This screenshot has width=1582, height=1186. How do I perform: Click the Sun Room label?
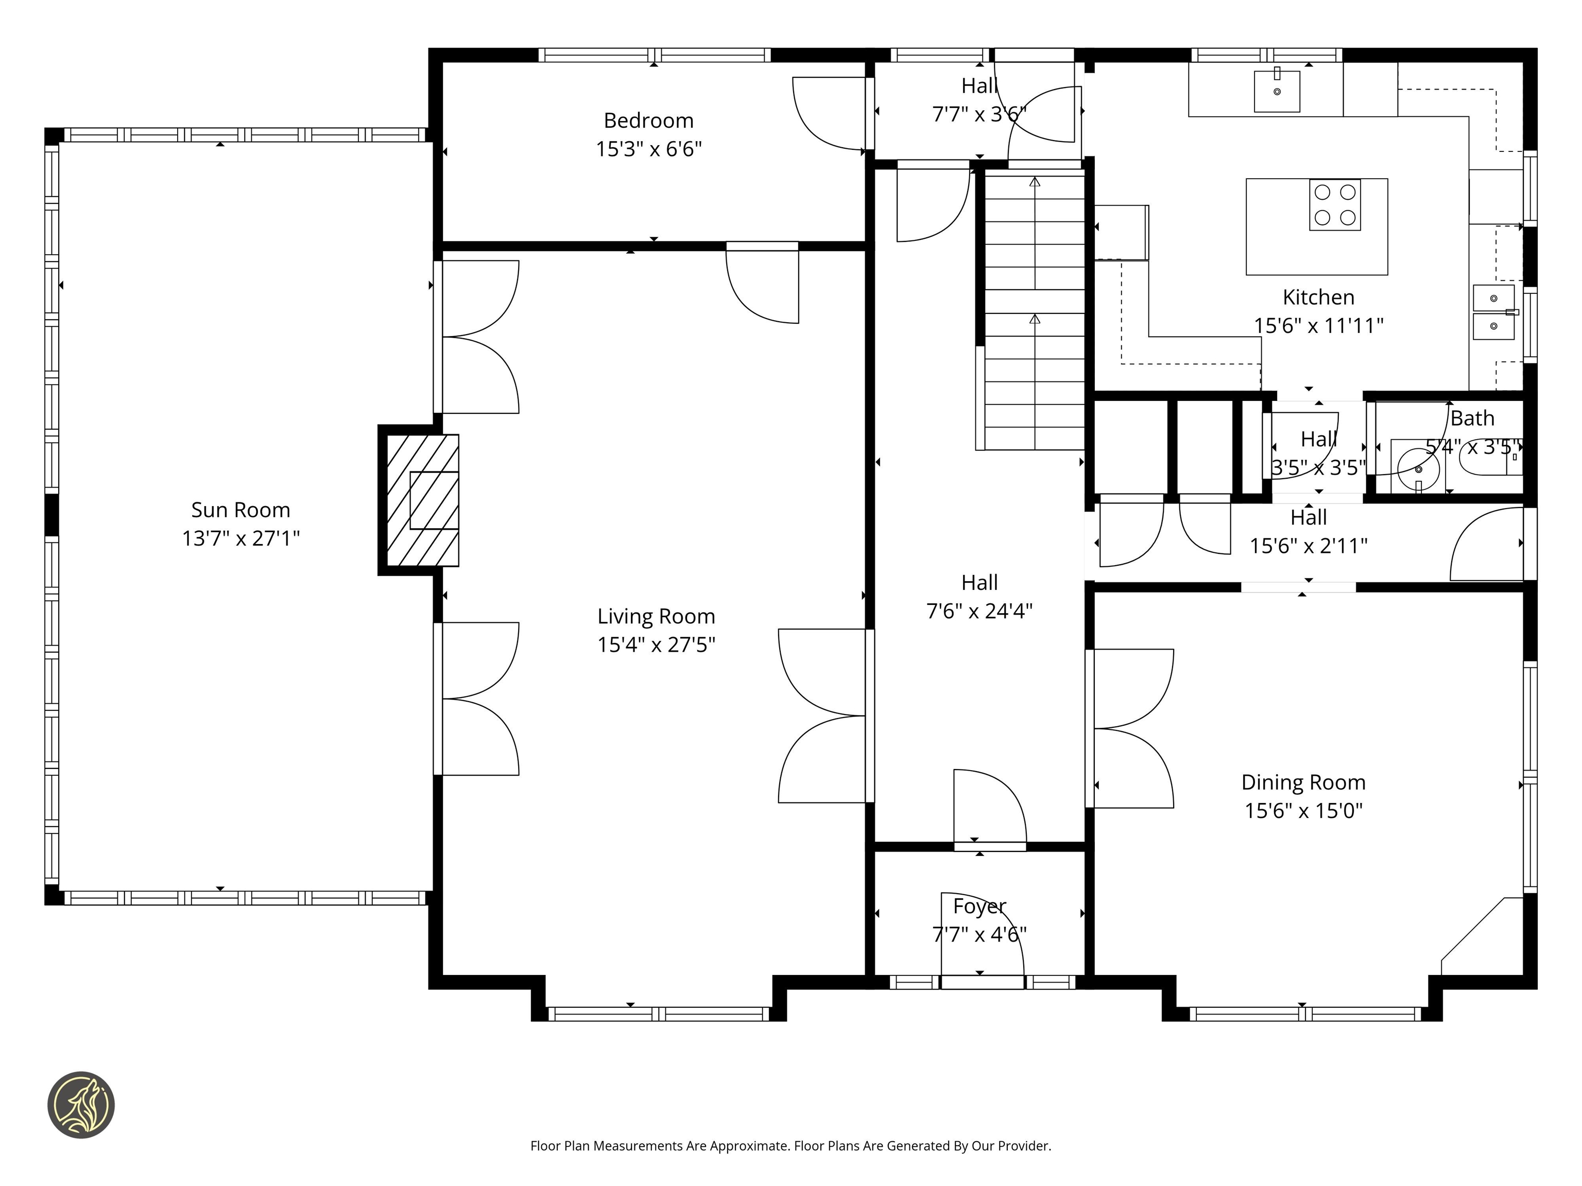point(240,510)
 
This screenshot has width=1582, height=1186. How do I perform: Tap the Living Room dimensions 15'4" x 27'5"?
point(656,645)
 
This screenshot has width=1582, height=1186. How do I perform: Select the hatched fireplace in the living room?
point(422,500)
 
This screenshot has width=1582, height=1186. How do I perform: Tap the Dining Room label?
point(1303,782)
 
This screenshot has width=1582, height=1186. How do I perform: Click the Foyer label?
point(979,906)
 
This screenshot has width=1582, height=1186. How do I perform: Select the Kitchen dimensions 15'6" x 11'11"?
point(1318,326)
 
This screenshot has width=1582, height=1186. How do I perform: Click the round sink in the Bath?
point(1418,469)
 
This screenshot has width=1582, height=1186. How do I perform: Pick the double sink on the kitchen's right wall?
point(1493,312)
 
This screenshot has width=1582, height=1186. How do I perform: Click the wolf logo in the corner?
point(81,1105)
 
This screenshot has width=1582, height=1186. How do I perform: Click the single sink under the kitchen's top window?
point(1277,92)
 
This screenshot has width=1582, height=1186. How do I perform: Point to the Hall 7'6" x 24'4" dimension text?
point(979,611)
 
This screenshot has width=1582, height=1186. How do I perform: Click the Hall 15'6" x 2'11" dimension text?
point(1308,546)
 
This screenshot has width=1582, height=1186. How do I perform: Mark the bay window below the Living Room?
point(658,1014)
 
